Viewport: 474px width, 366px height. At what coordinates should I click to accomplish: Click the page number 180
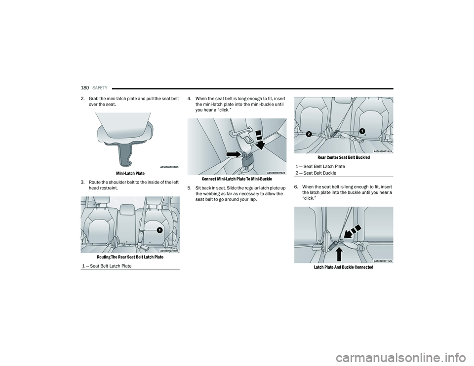coord(84,88)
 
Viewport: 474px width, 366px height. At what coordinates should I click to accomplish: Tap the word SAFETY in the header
coord(100,88)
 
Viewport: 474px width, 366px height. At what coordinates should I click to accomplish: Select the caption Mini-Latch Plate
coord(130,173)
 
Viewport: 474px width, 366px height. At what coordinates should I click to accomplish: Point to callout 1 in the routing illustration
coord(159,230)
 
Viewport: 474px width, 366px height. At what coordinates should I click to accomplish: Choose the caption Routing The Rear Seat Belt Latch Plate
coord(130,257)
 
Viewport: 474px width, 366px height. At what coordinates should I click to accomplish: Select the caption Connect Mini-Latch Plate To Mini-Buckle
coord(237,179)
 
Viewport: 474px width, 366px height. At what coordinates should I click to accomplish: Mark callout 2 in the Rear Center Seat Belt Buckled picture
coord(309,134)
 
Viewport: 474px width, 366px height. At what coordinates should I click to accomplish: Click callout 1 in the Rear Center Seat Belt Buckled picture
coord(362,130)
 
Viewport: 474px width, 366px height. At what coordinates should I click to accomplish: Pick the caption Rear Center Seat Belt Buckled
coord(344,157)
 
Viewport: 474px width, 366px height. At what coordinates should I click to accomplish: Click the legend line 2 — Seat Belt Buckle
coord(316,173)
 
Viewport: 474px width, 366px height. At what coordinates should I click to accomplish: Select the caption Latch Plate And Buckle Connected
coord(344,267)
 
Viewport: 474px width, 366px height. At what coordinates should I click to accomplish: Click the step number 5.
coord(189,188)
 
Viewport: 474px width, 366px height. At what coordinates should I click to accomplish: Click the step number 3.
coord(82,183)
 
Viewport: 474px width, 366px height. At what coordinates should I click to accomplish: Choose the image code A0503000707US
coord(169,167)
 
